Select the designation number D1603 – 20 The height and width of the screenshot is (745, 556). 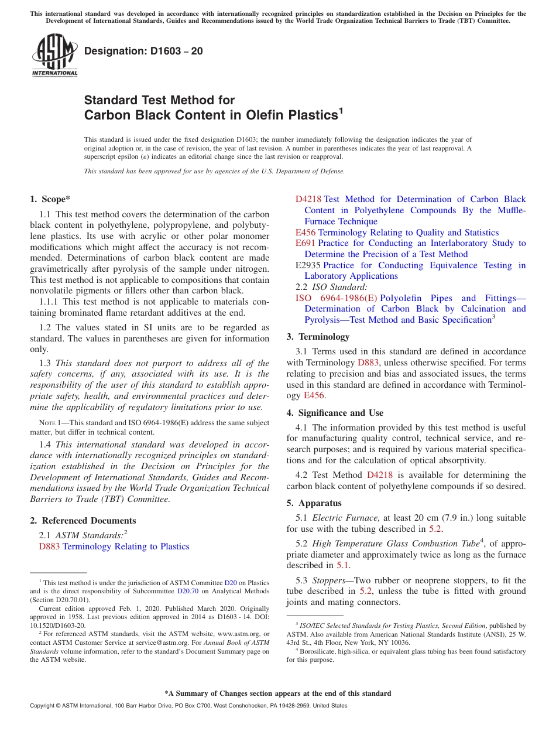click(x=143, y=51)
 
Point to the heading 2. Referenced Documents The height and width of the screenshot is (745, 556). click(x=83, y=521)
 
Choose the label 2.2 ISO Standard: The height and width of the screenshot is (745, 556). click(x=332, y=287)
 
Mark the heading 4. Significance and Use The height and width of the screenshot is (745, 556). click(x=335, y=413)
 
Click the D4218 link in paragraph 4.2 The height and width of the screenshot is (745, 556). click(x=379, y=475)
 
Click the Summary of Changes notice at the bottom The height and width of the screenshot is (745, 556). click(x=277, y=693)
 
